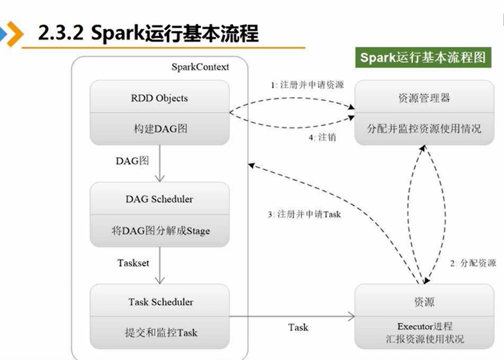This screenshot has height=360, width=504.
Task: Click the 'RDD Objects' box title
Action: [159, 98]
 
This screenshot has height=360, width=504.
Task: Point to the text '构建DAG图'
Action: [159, 129]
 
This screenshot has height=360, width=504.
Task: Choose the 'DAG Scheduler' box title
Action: [159, 199]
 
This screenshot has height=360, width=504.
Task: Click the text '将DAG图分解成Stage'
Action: [159, 231]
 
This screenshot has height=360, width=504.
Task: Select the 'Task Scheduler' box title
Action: [159, 302]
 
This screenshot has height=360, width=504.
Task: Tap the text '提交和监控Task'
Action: [159, 333]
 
